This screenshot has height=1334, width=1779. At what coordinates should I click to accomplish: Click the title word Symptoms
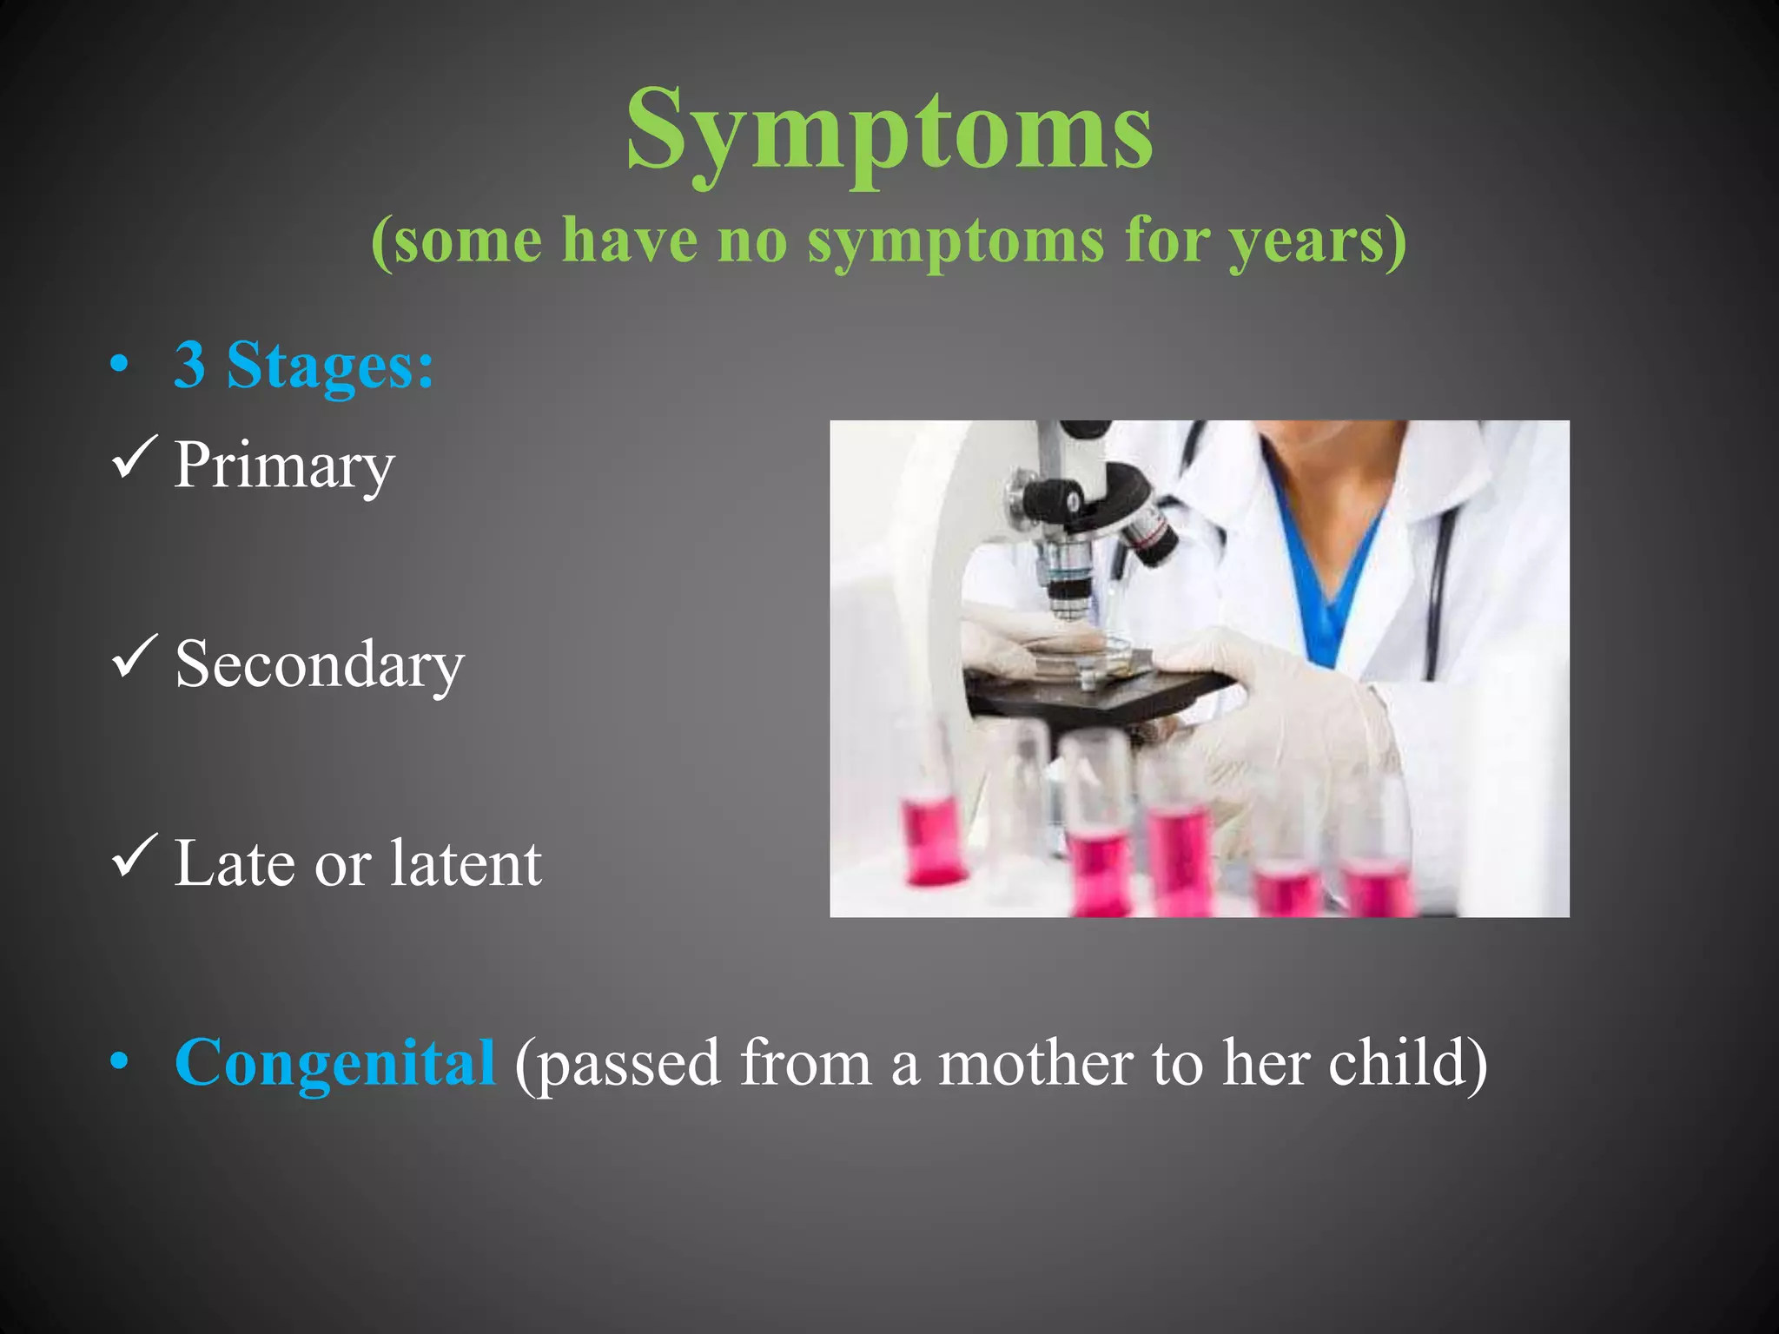tap(889, 130)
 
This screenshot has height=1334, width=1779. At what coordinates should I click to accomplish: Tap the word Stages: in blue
tap(330, 365)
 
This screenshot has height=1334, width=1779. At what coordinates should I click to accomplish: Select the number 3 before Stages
tap(190, 365)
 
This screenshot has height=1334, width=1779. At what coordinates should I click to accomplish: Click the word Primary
tap(284, 466)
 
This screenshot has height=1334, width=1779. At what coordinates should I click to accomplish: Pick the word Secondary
tap(320, 665)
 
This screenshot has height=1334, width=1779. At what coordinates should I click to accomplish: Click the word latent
tap(466, 863)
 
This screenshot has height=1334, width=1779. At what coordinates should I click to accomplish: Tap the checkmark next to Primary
tap(135, 457)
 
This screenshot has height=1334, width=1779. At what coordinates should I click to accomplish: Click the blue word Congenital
tap(335, 1062)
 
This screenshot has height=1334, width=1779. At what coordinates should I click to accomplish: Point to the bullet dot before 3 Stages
tap(120, 365)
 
